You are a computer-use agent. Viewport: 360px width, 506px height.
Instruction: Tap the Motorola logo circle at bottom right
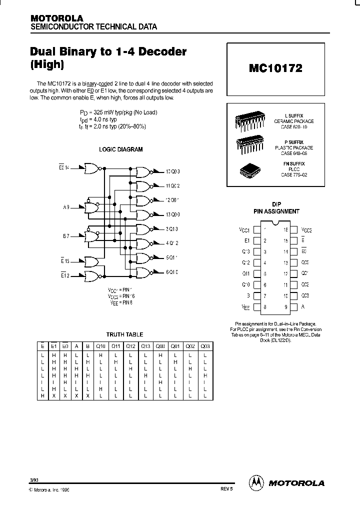(x=256, y=482)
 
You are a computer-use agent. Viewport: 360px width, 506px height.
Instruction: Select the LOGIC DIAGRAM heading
(x=120, y=149)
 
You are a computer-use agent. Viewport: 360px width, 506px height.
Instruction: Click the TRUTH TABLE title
(x=124, y=334)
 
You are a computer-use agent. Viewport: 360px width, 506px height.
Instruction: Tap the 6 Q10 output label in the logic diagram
(x=172, y=272)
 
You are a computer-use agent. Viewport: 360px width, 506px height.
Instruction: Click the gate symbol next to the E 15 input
(x=92, y=261)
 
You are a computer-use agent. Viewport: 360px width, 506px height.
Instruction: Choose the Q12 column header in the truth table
(x=130, y=346)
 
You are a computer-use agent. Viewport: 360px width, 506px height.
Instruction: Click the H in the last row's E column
(x=42, y=395)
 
